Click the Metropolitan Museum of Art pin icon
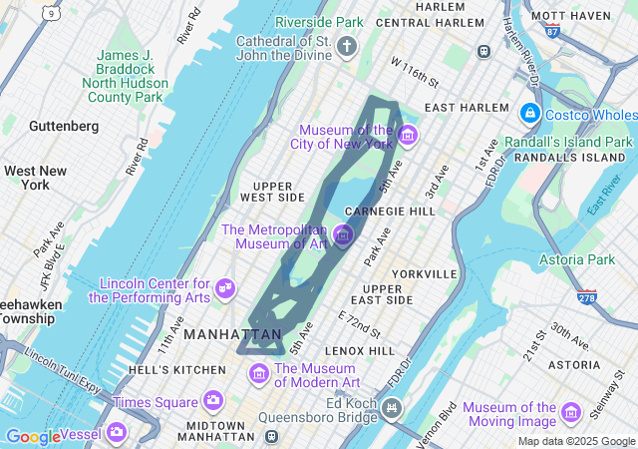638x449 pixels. tap(343, 234)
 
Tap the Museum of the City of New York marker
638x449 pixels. tap(407, 135)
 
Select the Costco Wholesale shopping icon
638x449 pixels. tap(528, 115)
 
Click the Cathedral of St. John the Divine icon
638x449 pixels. tap(347, 46)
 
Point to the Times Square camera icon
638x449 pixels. tap(212, 401)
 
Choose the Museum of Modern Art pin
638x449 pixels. tap(259, 373)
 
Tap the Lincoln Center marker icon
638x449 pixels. tap(225, 288)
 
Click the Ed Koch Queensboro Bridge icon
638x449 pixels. tap(392, 407)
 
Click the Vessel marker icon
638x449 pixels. tap(116, 432)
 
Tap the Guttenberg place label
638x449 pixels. tap(64, 127)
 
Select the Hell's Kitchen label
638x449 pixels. tap(177, 370)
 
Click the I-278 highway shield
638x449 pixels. tap(586, 297)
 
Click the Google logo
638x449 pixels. tap(33, 437)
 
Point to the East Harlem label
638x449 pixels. tap(460, 107)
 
